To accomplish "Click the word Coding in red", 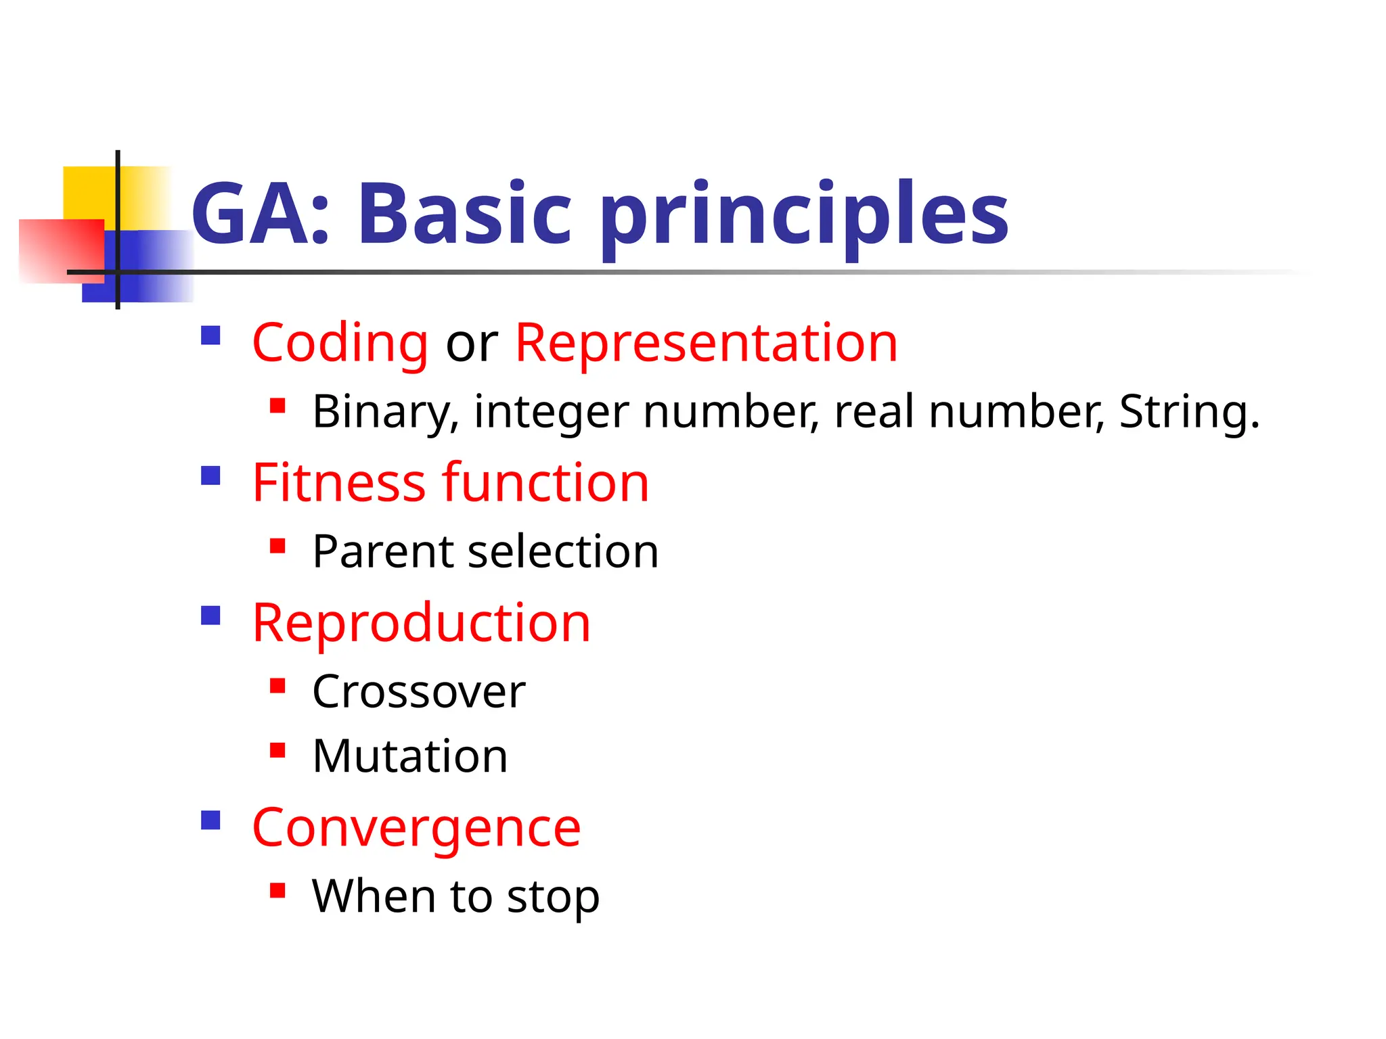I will pyautogui.click(x=340, y=344).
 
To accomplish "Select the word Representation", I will pyautogui.click(x=706, y=344).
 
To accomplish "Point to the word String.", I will pyautogui.click(x=1188, y=412).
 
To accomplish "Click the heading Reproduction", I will pyautogui.click(x=421, y=623).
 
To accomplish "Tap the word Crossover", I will pyautogui.click(x=418, y=692).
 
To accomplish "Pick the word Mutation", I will pyautogui.click(x=409, y=756).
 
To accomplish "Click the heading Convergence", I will pyautogui.click(x=416, y=829).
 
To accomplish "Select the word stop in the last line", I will pyautogui.click(x=553, y=898).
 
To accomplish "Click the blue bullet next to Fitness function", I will pyautogui.click(x=211, y=476).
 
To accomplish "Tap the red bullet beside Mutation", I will pyautogui.click(x=277, y=750).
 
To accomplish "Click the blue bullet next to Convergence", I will pyautogui.click(x=211, y=820).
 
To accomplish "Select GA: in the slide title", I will pyautogui.click(x=261, y=214).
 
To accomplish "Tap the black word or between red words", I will pyautogui.click(x=471, y=344).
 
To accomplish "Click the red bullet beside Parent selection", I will pyautogui.click(x=277, y=545).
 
